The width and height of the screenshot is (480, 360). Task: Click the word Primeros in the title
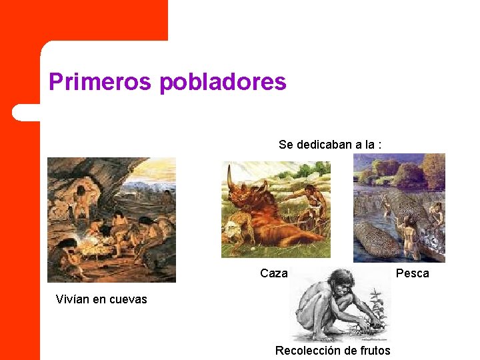pyautogui.click(x=101, y=82)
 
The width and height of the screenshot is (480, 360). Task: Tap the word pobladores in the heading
pyautogui.click(x=223, y=82)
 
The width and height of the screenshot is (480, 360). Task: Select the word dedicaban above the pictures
pyautogui.click(x=324, y=144)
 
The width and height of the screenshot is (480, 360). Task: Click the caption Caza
pyautogui.click(x=274, y=273)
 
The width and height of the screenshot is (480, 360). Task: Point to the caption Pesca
pyautogui.click(x=413, y=273)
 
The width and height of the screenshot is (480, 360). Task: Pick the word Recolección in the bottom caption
pyautogui.click(x=309, y=350)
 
